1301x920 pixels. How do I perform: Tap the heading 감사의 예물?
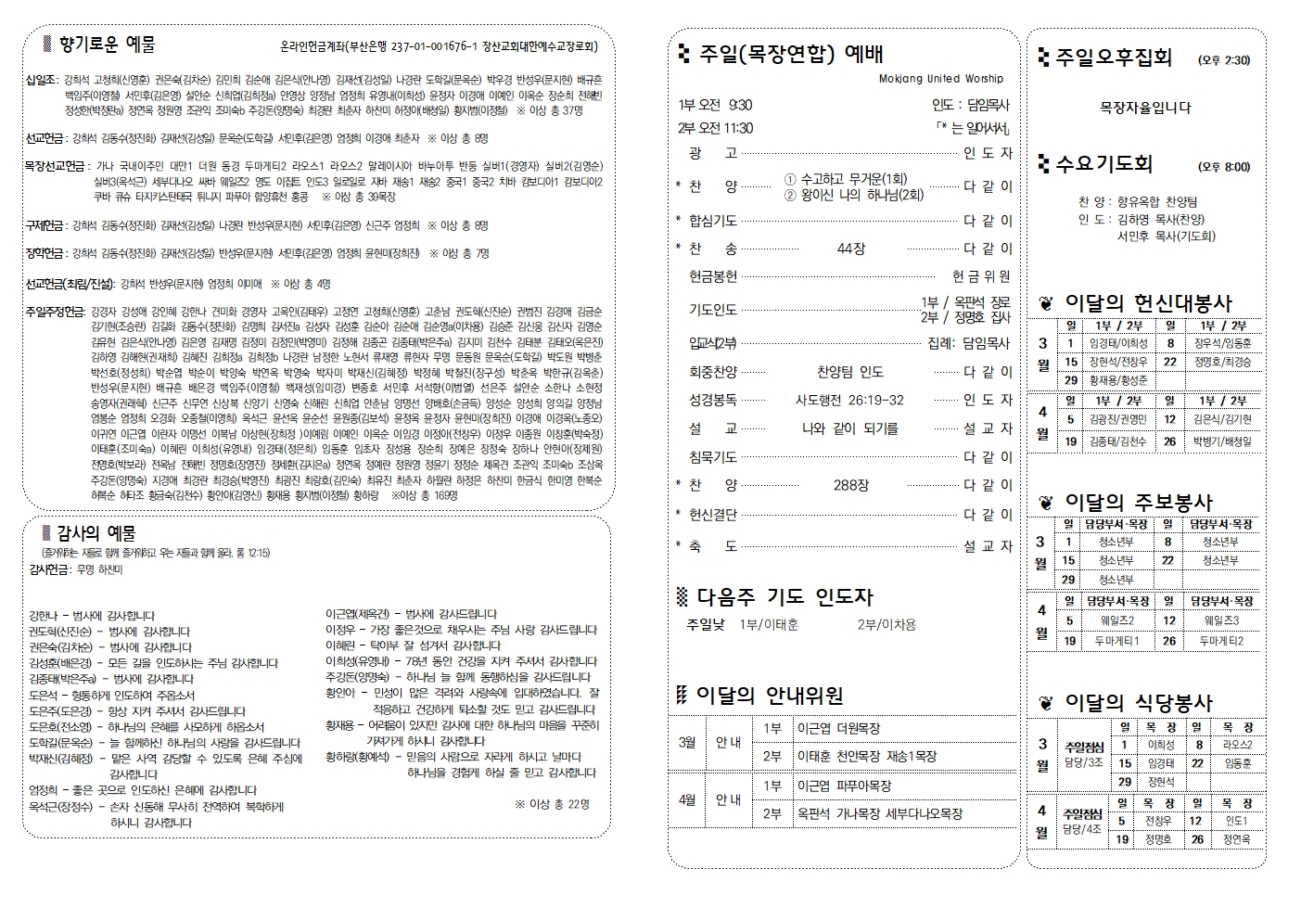pyautogui.click(x=96, y=533)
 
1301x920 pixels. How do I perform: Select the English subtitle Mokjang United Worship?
pyautogui.click(x=940, y=79)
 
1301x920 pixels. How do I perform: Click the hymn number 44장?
pyautogui.click(x=850, y=249)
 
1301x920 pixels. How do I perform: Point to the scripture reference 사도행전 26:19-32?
pyautogui.click(x=849, y=400)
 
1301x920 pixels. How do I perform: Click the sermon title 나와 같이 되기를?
pyautogui.click(x=850, y=428)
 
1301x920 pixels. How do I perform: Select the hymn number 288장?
pyautogui.click(x=850, y=485)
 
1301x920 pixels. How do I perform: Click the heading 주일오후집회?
pyautogui.click(x=1114, y=57)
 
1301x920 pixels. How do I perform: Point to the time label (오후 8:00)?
pyautogui.click(x=1223, y=167)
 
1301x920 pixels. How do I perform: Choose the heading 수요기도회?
pyautogui.click(x=1103, y=164)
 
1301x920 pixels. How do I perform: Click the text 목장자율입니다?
pyautogui.click(x=1145, y=108)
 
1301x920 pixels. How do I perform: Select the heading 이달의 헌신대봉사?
pyautogui.click(x=1148, y=302)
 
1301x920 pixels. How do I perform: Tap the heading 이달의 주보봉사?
pyautogui.click(x=1138, y=502)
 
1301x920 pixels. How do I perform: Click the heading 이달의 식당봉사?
pyautogui.click(x=1138, y=702)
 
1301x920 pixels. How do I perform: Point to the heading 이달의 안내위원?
pyautogui.click(x=769, y=695)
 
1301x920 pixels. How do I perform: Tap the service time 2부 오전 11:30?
pyautogui.click(x=716, y=128)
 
